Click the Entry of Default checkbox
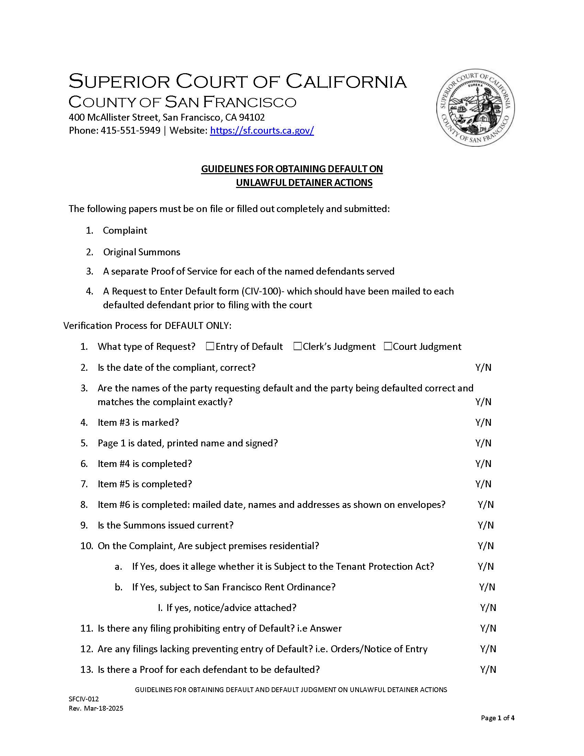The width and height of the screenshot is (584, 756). (210, 346)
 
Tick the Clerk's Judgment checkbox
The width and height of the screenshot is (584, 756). (297, 346)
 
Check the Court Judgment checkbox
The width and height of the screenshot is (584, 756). (388, 346)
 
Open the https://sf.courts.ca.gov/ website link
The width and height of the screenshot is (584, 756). (262, 131)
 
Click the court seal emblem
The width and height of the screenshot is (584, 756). (475, 107)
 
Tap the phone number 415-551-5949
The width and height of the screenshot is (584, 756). (131, 131)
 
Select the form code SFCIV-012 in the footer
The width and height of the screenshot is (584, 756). (84, 699)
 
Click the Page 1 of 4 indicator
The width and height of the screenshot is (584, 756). (497, 718)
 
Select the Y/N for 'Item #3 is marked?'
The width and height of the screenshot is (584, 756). (483, 422)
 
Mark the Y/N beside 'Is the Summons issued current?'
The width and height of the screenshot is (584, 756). (485, 525)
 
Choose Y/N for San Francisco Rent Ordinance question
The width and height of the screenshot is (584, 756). (487, 587)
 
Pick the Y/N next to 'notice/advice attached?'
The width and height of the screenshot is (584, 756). (488, 608)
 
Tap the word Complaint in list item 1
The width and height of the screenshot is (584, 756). (125, 231)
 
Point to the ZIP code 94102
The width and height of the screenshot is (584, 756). (254, 118)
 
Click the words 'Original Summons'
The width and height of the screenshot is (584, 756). (142, 252)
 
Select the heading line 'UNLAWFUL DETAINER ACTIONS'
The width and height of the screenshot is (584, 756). (304, 182)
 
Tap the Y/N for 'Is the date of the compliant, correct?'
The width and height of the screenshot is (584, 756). (483, 367)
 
